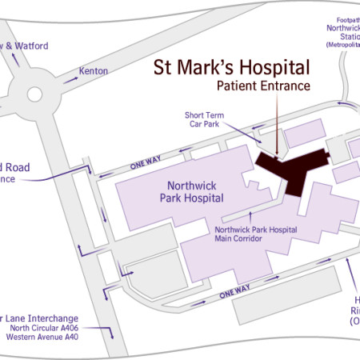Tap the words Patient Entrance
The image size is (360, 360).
pos(262,86)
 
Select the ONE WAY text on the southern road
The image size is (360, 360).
pos(242,294)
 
